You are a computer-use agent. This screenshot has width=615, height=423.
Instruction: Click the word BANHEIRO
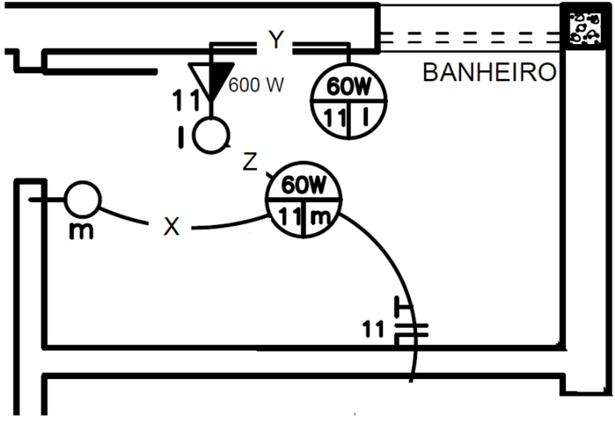[x=489, y=72]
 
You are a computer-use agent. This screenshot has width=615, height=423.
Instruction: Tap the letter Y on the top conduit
[x=277, y=40]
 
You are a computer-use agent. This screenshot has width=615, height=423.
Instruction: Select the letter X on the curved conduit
[x=172, y=227]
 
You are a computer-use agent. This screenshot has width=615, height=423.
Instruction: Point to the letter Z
[x=250, y=162]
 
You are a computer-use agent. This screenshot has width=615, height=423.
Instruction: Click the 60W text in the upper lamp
[x=348, y=88]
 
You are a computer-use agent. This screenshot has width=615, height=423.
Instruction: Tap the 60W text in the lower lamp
[x=304, y=186]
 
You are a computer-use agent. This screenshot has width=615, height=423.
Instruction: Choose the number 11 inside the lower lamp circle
[x=288, y=216]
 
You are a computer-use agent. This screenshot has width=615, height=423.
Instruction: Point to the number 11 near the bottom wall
[x=374, y=330]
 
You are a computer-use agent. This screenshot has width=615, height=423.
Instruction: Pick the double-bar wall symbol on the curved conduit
[x=410, y=330]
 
